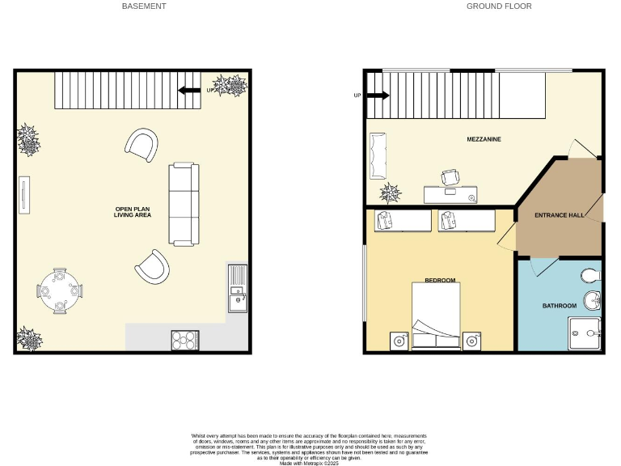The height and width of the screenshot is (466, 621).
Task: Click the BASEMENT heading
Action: click(x=144, y=6)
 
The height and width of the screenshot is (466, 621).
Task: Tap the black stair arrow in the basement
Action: click(x=190, y=90)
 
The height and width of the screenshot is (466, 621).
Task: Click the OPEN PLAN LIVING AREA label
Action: click(x=132, y=212)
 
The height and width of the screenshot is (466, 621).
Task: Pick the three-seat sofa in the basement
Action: click(x=183, y=204)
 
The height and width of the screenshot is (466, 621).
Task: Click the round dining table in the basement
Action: click(x=60, y=289)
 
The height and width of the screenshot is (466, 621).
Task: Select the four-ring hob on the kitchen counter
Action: click(x=185, y=341)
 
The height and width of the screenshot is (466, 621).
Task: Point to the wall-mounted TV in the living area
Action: click(x=23, y=194)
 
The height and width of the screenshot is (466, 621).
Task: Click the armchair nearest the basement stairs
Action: click(x=142, y=145)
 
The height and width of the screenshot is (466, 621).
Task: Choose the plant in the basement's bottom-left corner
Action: click(x=29, y=338)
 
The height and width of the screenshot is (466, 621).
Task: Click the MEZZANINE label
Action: click(x=484, y=139)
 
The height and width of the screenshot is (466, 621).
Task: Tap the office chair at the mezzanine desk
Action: click(x=450, y=177)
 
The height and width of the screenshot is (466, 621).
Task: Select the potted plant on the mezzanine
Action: click(x=391, y=193)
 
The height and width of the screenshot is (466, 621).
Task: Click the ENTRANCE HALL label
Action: click(x=559, y=215)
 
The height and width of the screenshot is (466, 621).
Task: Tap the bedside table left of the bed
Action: click(x=399, y=341)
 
